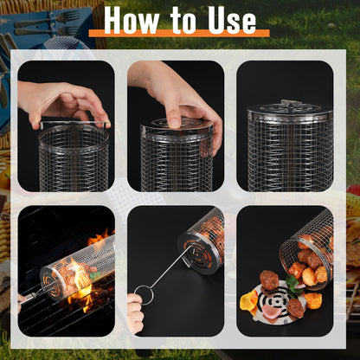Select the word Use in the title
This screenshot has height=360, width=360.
click(232, 20)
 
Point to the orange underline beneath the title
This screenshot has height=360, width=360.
click(179, 33)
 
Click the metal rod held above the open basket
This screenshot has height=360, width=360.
click(74, 123)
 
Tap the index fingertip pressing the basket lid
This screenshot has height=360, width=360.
click(174, 123)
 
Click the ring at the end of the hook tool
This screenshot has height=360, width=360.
click(143, 294)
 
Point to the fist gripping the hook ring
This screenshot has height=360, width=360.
click(135, 312)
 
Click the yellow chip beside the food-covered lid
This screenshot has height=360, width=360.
click(248, 299)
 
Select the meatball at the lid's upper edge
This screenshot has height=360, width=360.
click(269, 280)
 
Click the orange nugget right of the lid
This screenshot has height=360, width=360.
click(313, 300)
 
